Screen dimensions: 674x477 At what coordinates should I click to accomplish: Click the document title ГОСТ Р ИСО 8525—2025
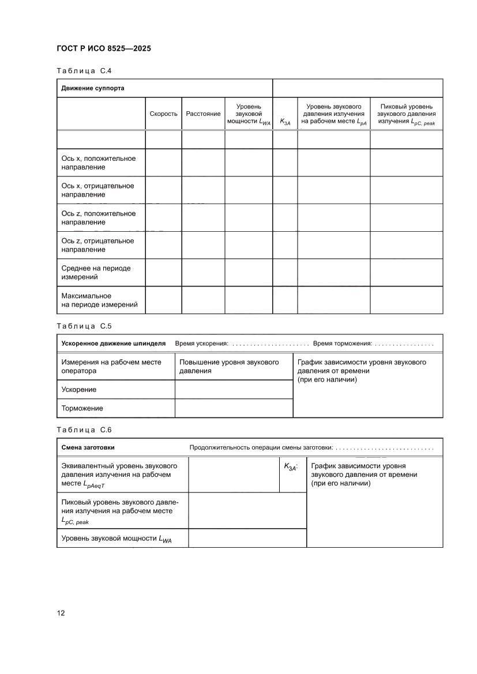pos(104,48)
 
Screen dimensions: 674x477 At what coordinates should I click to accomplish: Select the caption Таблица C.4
pos(84,71)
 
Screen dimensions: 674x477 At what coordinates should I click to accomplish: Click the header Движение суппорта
pos(93,89)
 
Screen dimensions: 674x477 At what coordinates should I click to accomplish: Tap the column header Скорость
pos(163,114)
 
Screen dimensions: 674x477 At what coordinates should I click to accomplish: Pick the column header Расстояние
pos(203,114)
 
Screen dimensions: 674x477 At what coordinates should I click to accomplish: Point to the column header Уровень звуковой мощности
pos(249,114)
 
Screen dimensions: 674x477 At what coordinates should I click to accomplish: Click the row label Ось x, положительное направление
pos(98,163)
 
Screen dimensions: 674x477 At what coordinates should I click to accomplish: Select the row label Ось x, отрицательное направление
pos(97,190)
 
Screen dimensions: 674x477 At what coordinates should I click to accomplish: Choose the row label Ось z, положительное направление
pos(98,217)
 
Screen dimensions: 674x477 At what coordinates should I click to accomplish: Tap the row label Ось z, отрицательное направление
pos(97,245)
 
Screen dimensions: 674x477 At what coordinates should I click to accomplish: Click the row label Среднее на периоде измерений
pos(96,273)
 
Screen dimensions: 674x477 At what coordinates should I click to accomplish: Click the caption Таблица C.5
pos(84,326)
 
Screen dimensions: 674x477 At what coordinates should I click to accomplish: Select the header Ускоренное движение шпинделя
pos(114,344)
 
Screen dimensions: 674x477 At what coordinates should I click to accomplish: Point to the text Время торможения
pos(342,344)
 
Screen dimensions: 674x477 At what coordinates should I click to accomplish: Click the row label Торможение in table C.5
pos(82,408)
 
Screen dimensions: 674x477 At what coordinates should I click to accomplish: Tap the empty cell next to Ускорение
pos(234,390)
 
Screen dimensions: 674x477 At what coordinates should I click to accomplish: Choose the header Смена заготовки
pos(88,447)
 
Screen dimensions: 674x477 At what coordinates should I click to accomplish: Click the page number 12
pos(61,613)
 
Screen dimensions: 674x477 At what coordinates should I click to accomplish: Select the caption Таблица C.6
pos(84,430)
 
